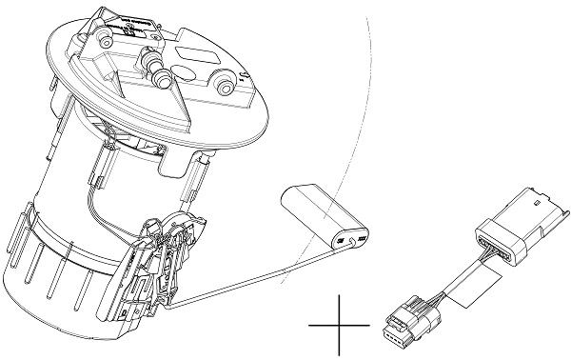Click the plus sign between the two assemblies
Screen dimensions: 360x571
pos(339,325)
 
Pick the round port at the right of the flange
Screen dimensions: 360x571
pos(225,85)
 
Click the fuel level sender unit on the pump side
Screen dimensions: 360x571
pos(162,262)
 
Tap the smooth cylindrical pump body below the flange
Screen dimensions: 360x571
pos(67,162)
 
